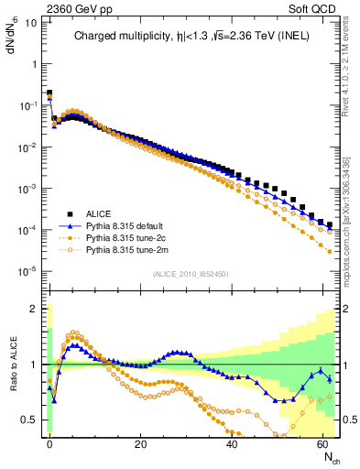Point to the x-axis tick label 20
[x=140, y=442]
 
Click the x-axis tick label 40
[x=232, y=442]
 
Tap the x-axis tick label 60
[x=323, y=442]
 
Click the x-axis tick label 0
[x=49, y=442]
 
